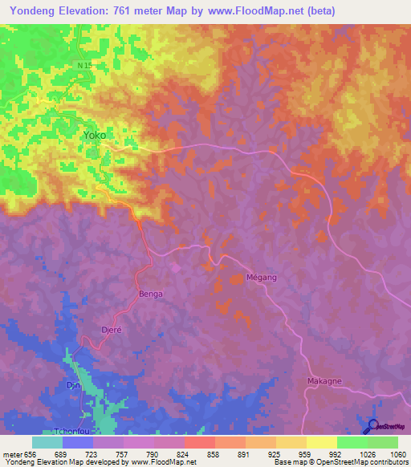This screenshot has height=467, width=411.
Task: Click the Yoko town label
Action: [95, 136]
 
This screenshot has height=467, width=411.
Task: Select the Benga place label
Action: [151, 294]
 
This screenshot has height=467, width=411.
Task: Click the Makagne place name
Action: [324, 381]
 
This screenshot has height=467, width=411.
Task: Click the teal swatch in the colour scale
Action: [47, 442]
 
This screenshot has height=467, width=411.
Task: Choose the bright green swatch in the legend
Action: [352, 442]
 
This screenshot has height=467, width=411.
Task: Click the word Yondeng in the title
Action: [31, 11]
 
